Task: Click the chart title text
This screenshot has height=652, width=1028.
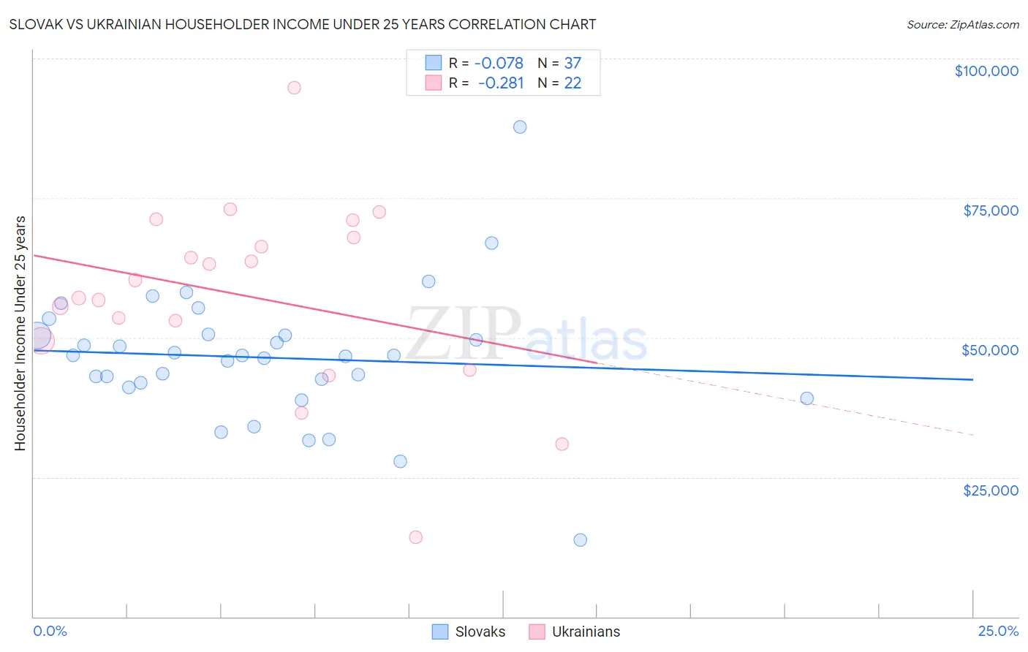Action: pyautogui.click(x=303, y=24)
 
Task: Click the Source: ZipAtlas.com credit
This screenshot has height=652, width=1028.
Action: pyautogui.click(x=962, y=24)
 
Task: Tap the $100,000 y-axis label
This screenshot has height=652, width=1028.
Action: pyautogui.click(x=986, y=71)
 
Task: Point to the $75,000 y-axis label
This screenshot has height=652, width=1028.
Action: pyautogui.click(x=990, y=211)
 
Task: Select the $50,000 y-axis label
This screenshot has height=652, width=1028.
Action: pyautogui.click(x=989, y=350)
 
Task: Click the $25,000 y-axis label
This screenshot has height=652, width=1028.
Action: pyautogui.click(x=990, y=490)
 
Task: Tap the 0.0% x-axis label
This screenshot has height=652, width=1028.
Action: pyautogui.click(x=50, y=631)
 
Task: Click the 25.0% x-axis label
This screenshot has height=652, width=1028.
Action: pyautogui.click(x=998, y=631)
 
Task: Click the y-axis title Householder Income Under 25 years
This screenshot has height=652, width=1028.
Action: pyautogui.click(x=20, y=333)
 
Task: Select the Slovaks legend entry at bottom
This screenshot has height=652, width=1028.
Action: pyautogui.click(x=469, y=632)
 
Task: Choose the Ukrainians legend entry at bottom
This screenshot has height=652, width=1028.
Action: pyautogui.click(x=575, y=632)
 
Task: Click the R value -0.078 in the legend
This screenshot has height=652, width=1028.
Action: pyautogui.click(x=499, y=63)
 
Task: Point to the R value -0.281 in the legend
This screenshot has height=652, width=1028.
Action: pyautogui.click(x=501, y=83)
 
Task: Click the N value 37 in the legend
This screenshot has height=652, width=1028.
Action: pyautogui.click(x=572, y=63)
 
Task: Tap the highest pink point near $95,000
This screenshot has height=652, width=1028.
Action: pyautogui.click(x=294, y=88)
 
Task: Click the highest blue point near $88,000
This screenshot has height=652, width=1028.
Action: pyautogui.click(x=520, y=127)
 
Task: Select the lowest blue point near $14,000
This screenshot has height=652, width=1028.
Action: pyautogui.click(x=581, y=540)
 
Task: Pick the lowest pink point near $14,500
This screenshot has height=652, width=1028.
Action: pyautogui.click(x=416, y=537)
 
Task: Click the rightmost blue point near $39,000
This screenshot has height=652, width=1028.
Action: pyautogui.click(x=807, y=398)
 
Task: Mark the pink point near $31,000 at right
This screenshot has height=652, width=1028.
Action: pyautogui.click(x=562, y=444)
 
